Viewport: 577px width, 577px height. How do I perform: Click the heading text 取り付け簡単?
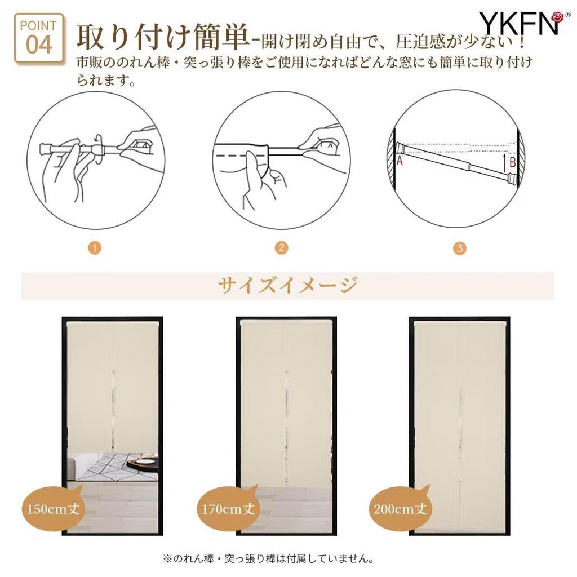162,37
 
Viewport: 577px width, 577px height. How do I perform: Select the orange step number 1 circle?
96,248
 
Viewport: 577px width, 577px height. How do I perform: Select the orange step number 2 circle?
281,248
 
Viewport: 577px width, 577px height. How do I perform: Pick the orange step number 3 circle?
460,248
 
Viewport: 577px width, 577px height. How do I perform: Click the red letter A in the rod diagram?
400,161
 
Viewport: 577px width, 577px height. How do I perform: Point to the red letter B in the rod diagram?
512,163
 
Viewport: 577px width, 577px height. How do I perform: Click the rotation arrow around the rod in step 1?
99,144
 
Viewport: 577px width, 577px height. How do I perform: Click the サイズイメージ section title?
287,286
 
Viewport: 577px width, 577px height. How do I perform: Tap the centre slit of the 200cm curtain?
460,428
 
